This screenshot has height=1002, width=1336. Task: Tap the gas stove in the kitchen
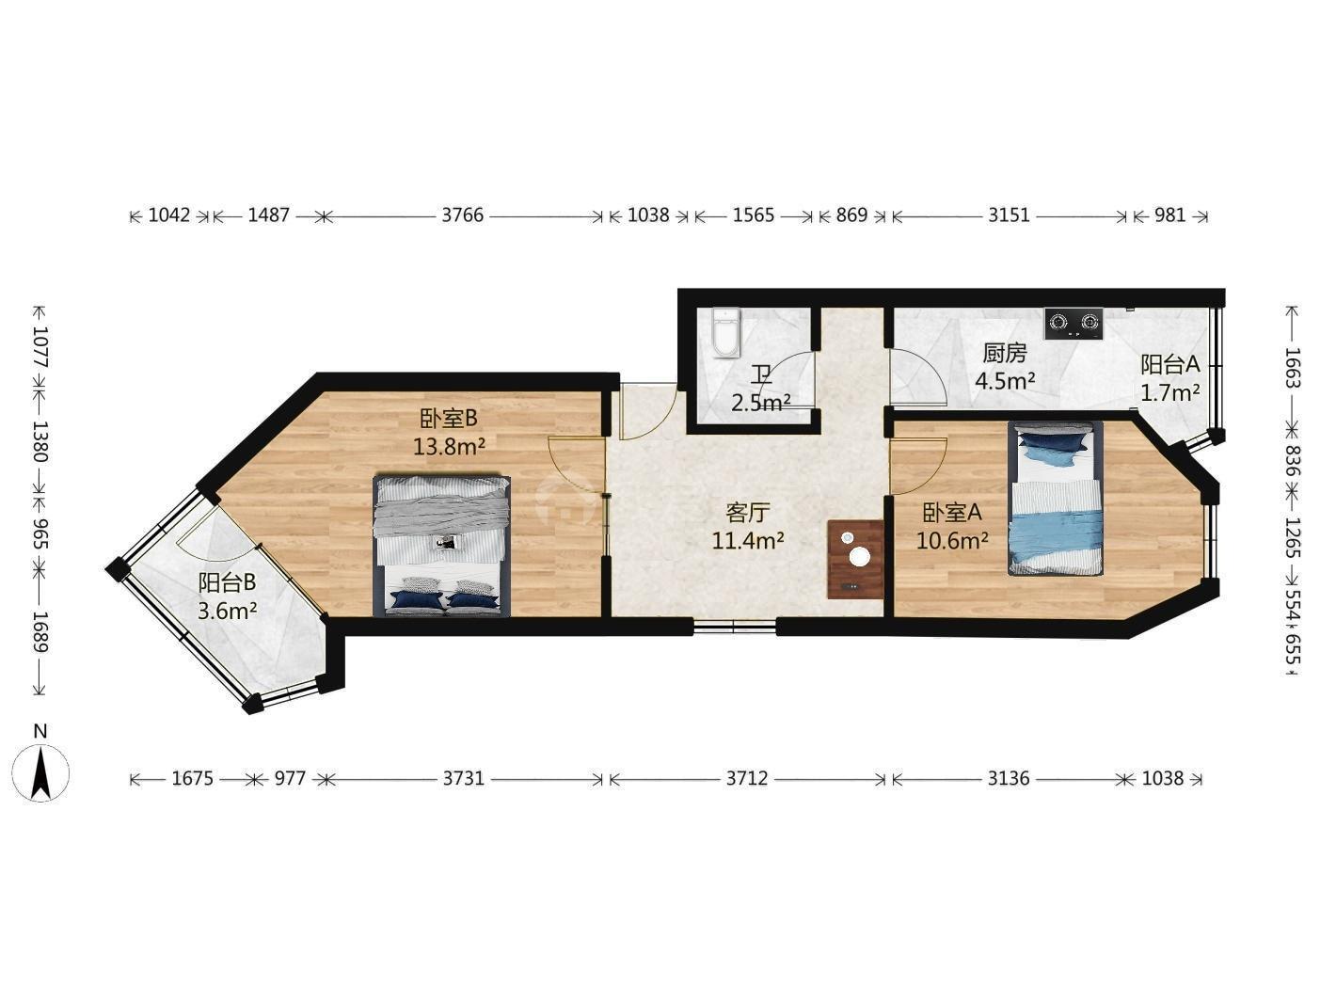1074,324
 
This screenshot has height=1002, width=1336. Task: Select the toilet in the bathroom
726,333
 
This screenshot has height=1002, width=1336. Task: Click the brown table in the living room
855,559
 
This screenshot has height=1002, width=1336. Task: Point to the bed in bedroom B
442,546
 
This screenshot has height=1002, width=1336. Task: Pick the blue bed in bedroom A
1056,499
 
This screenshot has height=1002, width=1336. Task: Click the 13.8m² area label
449,447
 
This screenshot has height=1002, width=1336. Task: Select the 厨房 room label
1005,354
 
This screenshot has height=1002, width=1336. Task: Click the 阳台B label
227,582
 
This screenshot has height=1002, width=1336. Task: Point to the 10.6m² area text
952,540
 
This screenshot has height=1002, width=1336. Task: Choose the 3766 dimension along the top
463,215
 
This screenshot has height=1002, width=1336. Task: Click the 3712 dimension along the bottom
747,779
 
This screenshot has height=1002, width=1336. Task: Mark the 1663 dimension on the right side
1290,368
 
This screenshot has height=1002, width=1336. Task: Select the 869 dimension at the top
851,215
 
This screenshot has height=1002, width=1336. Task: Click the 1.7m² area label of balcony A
1169,393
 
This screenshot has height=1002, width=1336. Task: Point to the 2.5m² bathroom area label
761,403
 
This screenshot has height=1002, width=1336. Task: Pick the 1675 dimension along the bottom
192,779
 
